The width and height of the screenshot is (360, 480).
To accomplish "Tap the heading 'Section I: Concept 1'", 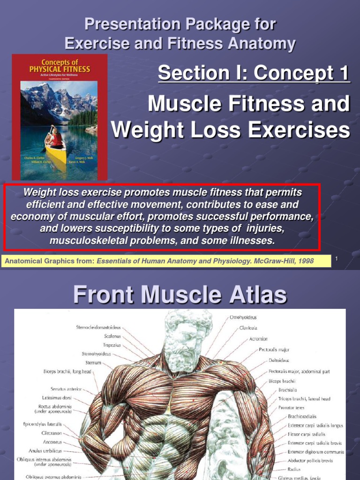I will point(254,73).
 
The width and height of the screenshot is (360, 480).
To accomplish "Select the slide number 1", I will point(337,259).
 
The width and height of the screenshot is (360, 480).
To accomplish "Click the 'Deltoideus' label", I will point(279,360).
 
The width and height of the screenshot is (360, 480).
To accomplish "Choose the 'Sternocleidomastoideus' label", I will point(99,328).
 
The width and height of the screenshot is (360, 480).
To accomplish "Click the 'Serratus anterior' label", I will point(66,389).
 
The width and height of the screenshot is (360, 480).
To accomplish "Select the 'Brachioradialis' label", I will point(302,416).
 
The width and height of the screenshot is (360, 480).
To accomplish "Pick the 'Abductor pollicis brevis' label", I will point(310,461).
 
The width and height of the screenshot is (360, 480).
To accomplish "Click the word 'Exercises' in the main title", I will point(300,130).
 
